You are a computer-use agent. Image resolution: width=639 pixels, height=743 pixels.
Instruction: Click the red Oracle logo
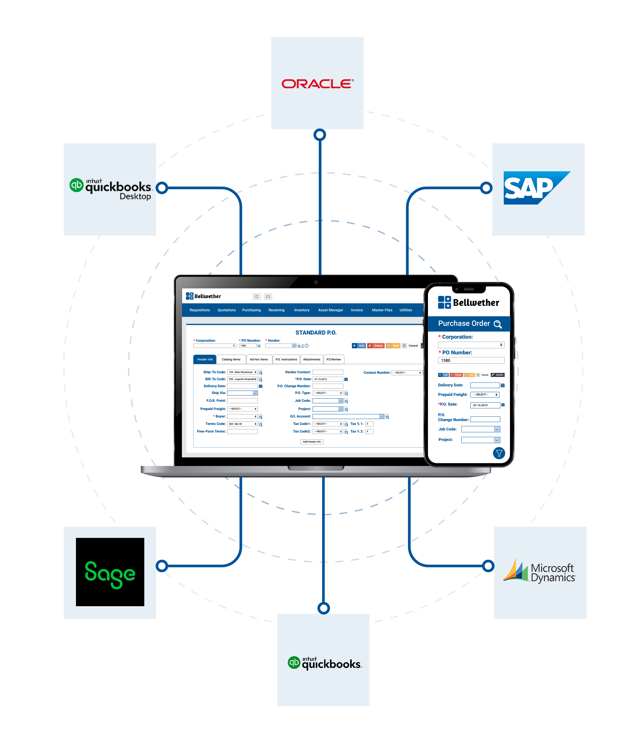[317, 84]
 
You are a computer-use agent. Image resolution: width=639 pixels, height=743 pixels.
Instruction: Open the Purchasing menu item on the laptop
[251, 310]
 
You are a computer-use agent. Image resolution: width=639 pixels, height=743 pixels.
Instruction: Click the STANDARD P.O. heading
[316, 333]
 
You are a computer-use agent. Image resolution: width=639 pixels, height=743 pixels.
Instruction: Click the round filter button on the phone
[499, 453]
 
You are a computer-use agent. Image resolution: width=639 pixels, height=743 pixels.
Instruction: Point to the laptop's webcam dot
[316, 282]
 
